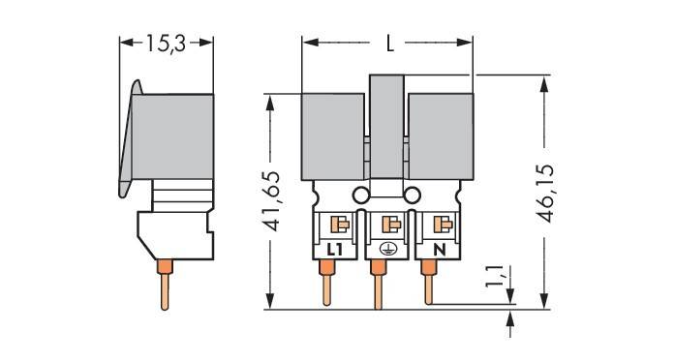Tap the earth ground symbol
point(386,249)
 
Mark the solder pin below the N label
point(427,285)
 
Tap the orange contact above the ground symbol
point(390,225)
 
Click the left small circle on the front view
point(361,195)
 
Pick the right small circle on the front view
point(414,195)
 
